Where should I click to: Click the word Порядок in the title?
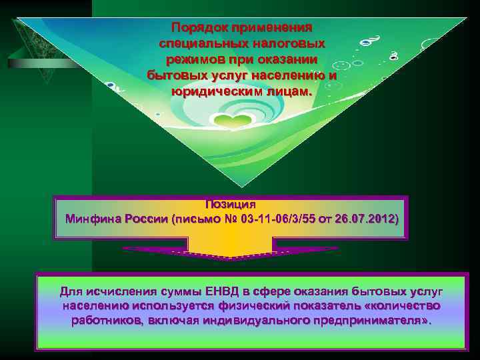(x=198, y=28)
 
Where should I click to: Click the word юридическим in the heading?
(x=212, y=90)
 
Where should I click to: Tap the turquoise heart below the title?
(x=233, y=122)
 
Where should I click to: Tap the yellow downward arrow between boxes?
(x=229, y=253)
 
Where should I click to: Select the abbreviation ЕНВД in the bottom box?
(x=214, y=291)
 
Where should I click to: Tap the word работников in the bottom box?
(x=104, y=321)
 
